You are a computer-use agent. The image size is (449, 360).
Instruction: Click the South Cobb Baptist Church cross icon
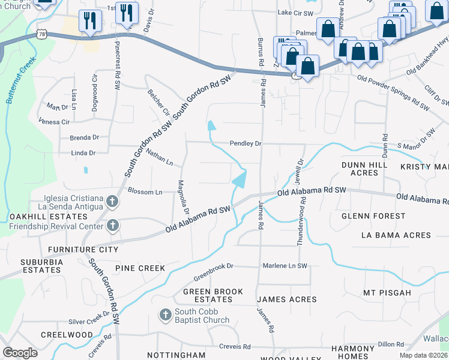166,314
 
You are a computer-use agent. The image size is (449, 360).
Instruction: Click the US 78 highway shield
41,34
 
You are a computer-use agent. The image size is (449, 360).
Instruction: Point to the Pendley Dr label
246,144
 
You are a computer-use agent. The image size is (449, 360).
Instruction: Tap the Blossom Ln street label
145,192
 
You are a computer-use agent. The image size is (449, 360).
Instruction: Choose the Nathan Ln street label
159,158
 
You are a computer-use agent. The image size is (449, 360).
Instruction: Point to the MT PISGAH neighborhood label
387,293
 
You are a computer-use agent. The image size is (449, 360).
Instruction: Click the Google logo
20,353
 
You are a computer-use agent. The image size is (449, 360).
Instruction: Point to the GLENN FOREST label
373,215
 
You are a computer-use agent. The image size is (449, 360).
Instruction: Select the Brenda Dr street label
84,138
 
